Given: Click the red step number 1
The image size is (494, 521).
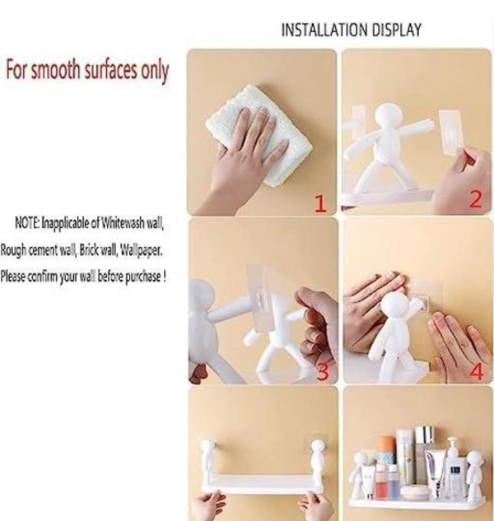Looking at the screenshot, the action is (320, 203).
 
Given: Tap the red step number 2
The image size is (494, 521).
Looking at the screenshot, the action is (475, 199).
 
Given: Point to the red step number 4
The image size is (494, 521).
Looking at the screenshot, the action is (477, 371).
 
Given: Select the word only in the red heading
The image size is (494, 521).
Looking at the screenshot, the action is (155, 71).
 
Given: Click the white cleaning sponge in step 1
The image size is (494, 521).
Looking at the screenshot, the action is (259, 134).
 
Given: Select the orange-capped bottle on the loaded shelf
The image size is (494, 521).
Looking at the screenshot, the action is (387, 452).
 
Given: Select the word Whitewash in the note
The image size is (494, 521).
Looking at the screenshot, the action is (123, 223).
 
